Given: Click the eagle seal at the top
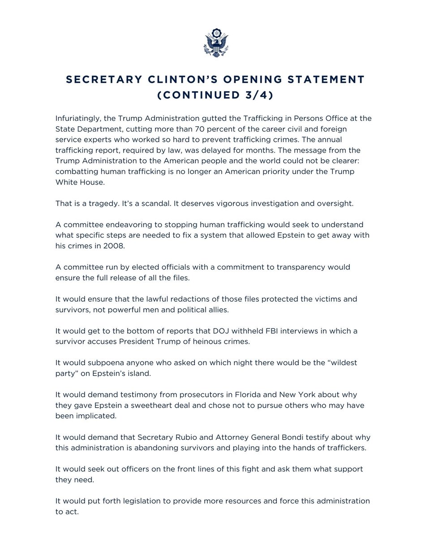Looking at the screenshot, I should point(215,44).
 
